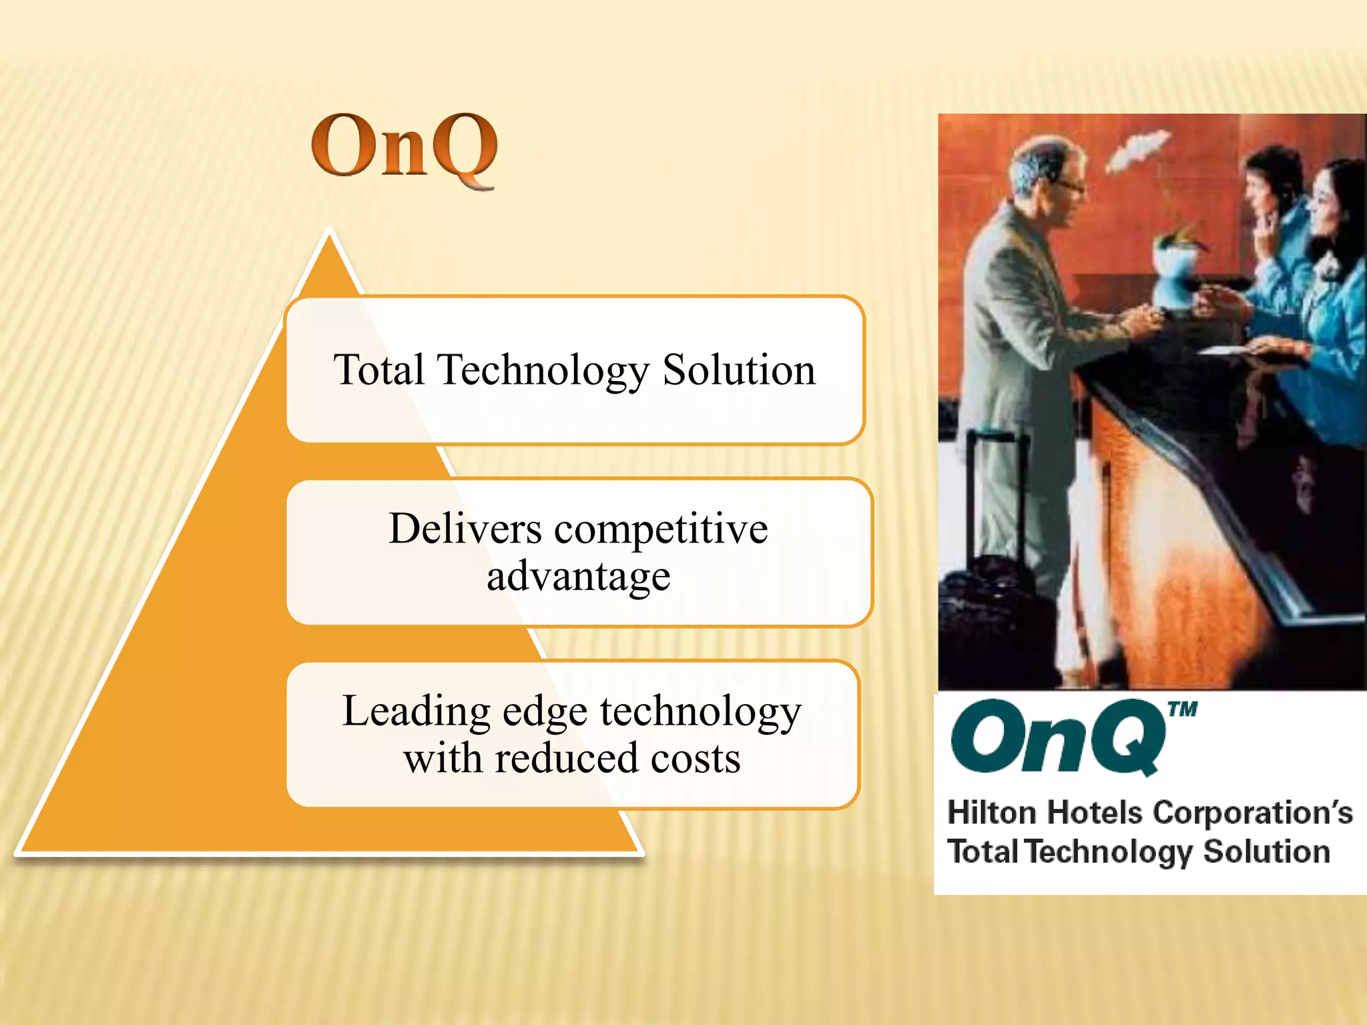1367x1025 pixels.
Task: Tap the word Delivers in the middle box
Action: coord(465,529)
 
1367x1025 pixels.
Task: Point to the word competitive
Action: coord(661,529)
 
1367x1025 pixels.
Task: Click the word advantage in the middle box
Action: coord(578,577)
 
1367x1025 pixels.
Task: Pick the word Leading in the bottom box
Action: coord(417,711)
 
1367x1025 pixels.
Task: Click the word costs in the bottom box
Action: coord(695,759)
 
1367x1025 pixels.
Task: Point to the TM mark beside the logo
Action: coord(1183,709)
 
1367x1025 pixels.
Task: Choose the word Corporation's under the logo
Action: coord(1252,813)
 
